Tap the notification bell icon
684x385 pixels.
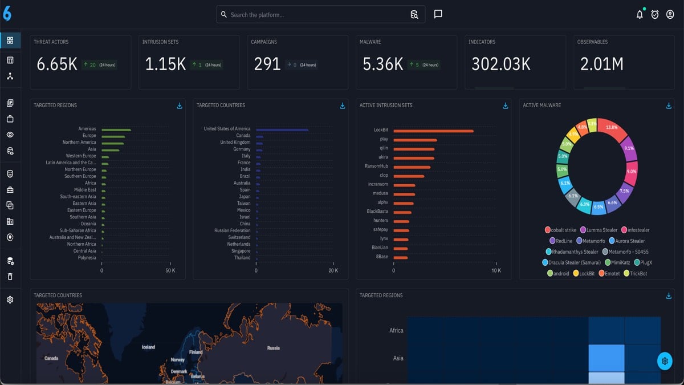(x=640, y=15)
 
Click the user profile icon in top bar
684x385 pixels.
(x=670, y=15)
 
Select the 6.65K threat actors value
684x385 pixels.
(x=57, y=64)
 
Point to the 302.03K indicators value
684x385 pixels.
(x=500, y=64)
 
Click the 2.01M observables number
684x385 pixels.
(x=601, y=64)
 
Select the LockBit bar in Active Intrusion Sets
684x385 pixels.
(x=433, y=131)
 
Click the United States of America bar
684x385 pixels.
(x=282, y=129)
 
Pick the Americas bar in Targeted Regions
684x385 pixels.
(x=116, y=129)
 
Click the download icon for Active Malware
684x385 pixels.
(x=669, y=106)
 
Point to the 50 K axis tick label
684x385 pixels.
(x=170, y=270)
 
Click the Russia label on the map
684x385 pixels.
(x=273, y=348)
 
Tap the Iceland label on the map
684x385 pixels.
(x=148, y=347)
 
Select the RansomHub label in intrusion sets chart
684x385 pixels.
(x=376, y=167)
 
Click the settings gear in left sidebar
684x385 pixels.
(x=10, y=299)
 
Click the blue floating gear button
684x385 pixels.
(x=664, y=360)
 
